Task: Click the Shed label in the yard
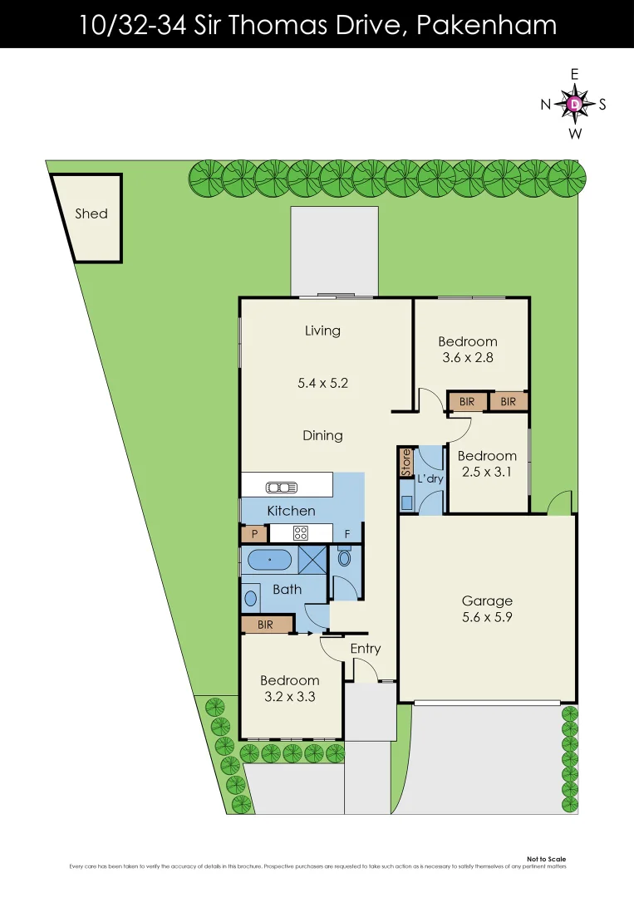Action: pyautogui.click(x=91, y=213)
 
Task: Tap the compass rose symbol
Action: pyautogui.click(x=574, y=104)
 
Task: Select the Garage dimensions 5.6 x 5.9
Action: pyautogui.click(x=487, y=617)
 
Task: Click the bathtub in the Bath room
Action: pyautogui.click(x=270, y=560)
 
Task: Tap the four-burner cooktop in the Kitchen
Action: pyautogui.click(x=300, y=533)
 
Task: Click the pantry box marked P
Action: pyautogui.click(x=253, y=534)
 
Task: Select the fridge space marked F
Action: pyautogui.click(x=347, y=534)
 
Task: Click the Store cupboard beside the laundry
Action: pyautogui.click(x=406, y=462)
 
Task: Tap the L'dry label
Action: pyautogui.click(x=430, y=480)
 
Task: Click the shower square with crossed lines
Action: pyautogui.click(x=312, y=558)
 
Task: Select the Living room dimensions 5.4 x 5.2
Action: pyautogui.click(x=322, y=384)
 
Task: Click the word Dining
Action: pyautogui.click(x=322, y=435)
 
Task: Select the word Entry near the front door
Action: pyautogui.click(x=366, y=649)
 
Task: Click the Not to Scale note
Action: pyautogui.click(x=546, y=860)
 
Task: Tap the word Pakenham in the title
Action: pyautogui.click(x=485, y=25)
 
